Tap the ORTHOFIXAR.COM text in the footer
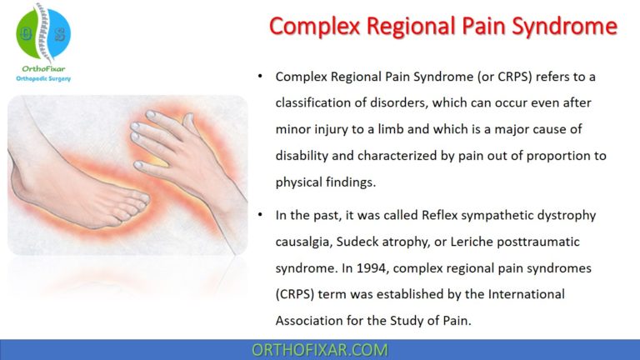pos(320,349)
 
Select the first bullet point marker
pos(261,77)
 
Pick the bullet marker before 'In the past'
pos(261,216)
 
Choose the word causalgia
pos(307,242)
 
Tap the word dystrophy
pos(567,216)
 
